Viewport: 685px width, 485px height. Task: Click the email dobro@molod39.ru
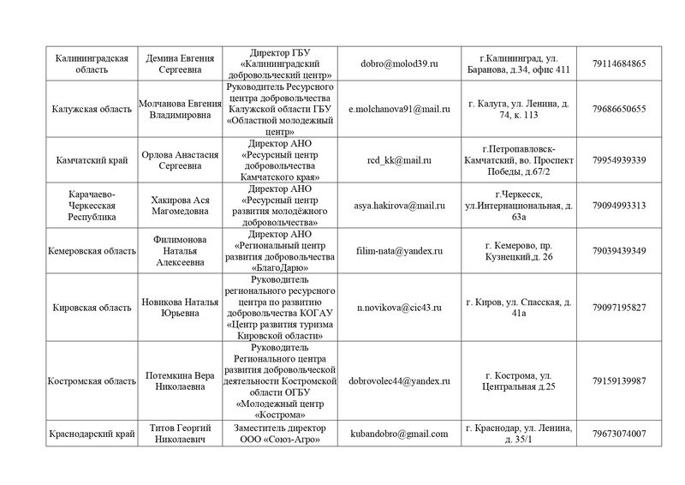pyautogui.click(x=396, y=64)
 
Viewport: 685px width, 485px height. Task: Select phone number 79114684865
pyautogui.click(x=618, y=64)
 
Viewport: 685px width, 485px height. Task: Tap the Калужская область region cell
pyautogui.click(x=91, y=109)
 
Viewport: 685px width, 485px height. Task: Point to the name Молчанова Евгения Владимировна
pyautogui.click(x=181, y=109)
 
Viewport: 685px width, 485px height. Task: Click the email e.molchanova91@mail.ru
pyautogui.click(x=396, y=109)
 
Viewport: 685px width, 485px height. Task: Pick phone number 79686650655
pyautogui.click(x=618, y=109)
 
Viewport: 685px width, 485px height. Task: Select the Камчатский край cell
pyautogui.click(x=91, y=160)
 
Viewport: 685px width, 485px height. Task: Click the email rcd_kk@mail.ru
pyautogui.click(x=396, y=160)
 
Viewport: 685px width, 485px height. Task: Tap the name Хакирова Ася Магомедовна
pyautogui.click(x=181, y=206)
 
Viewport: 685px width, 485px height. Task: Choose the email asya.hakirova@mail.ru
pyautogui.click(x=396, y=206)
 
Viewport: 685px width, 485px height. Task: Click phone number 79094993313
pyautogui.click(x=618, y=206)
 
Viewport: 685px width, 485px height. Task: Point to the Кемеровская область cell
pyautogui.click(x=91, y=251)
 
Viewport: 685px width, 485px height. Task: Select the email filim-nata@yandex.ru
pyautogui.click(x=396, y=251)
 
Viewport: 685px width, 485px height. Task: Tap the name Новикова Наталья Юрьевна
pyautogui.click(x=181, y=307)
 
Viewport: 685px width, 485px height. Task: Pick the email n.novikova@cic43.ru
pyautogui.click(x=396, y=307)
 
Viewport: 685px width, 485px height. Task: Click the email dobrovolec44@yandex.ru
pyautogui.click(x=396, y=380)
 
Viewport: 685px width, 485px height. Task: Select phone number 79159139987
pyautogui.click(x=618, y=380)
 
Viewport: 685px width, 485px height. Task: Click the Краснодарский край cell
pyautogui.click(x=91, y=434)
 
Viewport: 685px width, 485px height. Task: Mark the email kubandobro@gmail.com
pyautogui.click(x=396, y=434)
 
